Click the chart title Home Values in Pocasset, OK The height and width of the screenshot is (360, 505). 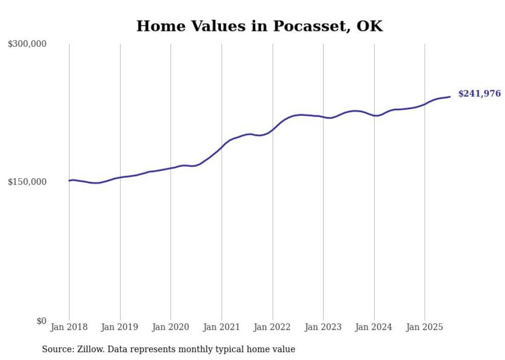tap(259, 26)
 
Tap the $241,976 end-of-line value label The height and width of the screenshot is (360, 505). tap(479, 94)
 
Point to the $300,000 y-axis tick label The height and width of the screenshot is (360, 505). tap(27, 44)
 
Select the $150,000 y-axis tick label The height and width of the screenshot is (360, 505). tap(27, 182)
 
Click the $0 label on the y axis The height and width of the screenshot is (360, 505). tap(41, 321)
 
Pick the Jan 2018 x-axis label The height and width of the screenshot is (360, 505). tap(69, 327)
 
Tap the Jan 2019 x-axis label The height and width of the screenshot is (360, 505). tap(120, 327)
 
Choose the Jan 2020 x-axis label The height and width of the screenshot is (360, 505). tap(171, 327)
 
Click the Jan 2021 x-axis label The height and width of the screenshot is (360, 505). tap(222, 327)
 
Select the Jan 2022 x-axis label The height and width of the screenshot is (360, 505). tap(273, 327)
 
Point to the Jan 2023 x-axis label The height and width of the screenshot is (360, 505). tap(323, 327)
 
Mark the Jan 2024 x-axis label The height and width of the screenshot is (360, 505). tap(374, 327)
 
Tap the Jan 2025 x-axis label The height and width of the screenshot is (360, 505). tap(425, 327)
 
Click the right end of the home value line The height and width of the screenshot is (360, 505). tap(450, 96)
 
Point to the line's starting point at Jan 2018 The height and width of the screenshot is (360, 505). tap(69, 180)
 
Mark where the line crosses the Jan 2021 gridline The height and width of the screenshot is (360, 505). tap(222, 147)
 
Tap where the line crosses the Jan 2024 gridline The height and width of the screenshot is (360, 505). tap(374, 115)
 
